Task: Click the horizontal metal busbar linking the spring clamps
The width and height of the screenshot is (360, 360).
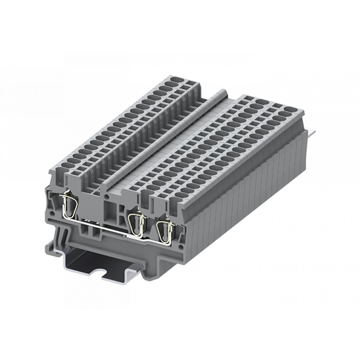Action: (x=104, y=226)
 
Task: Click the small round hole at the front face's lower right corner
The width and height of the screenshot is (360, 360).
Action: (x=181, y=247)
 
